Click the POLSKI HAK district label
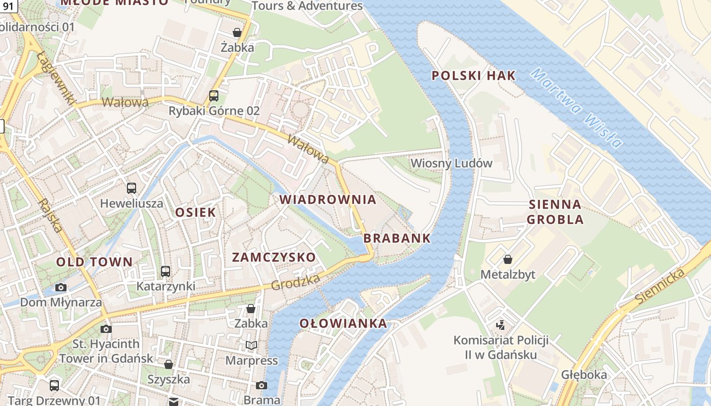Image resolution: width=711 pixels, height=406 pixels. point(473,76)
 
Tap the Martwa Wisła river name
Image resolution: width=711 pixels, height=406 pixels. point(577,109)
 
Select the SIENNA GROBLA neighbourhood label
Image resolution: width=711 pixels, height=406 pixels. point(555,212)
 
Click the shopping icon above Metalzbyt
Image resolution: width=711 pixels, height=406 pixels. point(507,260)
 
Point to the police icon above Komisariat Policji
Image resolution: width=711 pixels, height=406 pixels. point(500,325)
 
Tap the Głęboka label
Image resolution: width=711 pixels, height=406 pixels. point(584,375)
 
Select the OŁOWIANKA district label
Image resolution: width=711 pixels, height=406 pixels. point(343,324)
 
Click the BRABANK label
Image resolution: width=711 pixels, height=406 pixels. point(397,239)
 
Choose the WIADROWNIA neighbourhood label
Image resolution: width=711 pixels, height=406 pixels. point(328,199)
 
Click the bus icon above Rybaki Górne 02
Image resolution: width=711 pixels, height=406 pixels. point(214,96)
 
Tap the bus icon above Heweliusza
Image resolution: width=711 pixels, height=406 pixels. point(132,188)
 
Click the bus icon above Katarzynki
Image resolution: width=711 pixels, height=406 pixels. point(166,272)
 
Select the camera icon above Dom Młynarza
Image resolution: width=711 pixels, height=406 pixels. point(61,288)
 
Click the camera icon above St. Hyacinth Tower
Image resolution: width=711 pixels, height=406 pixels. point(106,329)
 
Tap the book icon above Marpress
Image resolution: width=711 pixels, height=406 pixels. point(251,346)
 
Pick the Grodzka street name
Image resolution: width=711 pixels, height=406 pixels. point(295,282)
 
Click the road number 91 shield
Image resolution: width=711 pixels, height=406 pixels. point(8,6)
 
